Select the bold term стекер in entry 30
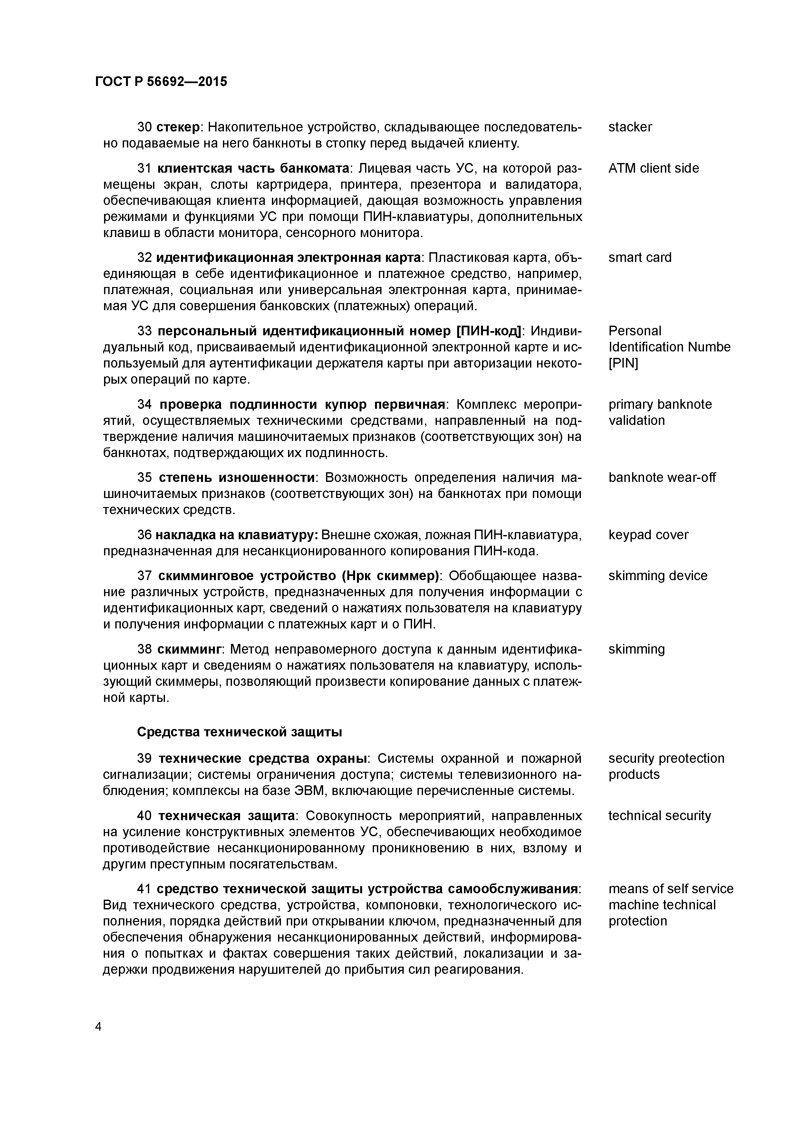178,127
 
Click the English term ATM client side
653,168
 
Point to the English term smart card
640,257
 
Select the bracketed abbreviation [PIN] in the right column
623,363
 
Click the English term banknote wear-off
662,477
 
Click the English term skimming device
657,576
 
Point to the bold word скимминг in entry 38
189,649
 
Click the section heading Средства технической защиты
239,732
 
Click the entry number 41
144,889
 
